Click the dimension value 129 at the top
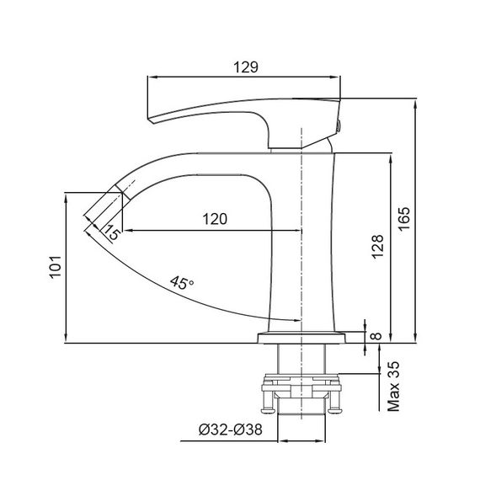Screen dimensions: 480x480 245,66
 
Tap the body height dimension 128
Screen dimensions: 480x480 378,244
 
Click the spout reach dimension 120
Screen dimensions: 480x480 216,219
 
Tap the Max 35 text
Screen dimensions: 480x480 392,387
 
